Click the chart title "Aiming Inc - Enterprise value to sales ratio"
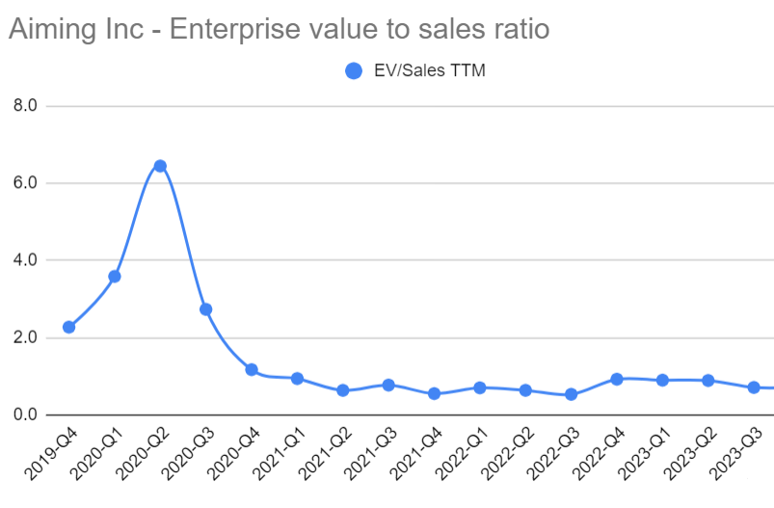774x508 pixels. (x=279, y=30)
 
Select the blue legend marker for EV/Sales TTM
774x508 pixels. (x=354, y=70)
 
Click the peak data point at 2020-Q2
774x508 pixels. (x=160, y=166)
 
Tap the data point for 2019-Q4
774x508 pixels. (x=69, y=327)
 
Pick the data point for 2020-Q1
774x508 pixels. (x=115, y=277)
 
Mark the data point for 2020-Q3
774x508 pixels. (x=205, y=309)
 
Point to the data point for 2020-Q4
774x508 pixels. (x=252, y=369)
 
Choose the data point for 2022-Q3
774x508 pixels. (x=571, y=394)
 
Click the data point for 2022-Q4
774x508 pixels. (x=616, y=379)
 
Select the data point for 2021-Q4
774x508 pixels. (x=434, y=393)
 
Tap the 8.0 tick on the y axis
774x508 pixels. (x=24, y=106)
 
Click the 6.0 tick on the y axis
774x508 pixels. (x=24, y=183)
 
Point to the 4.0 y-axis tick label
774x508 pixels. (x=24, y=260)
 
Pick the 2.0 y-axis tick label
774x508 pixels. (x=24, y=338)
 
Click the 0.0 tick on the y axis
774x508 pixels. (x=24, y=415)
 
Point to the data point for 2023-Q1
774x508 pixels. (x=662, y=381)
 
